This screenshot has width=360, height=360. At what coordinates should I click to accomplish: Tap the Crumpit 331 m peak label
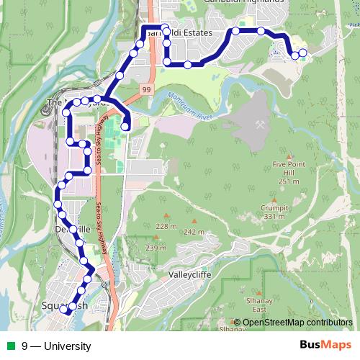click(x=274, y=213)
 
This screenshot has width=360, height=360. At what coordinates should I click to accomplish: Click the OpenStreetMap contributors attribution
click(x=297, y=323)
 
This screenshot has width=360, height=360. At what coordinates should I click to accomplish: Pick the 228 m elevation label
click(x=166, y=226)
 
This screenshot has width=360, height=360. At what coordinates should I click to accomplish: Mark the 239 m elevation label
click(x=156, y=248)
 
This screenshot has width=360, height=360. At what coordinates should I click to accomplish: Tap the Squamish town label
click(x=65, y=305)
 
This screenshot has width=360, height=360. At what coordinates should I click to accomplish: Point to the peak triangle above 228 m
click(x=167, y=216)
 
